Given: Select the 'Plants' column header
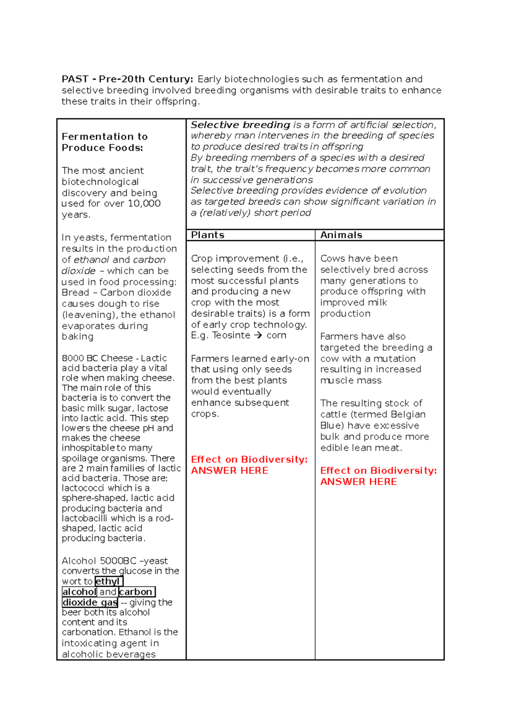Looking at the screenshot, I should pos(207,235).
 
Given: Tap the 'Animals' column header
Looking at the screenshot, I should pos(341,235).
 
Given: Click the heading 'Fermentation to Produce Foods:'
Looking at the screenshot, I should pos(104,142).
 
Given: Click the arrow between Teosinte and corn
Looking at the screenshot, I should pos(258,336).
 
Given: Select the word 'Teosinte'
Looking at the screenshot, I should pos(231,336).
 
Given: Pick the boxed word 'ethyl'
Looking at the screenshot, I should pos(108,582).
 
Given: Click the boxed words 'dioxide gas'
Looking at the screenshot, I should pos(90,602).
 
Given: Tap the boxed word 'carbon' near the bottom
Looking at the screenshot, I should pos(136,592).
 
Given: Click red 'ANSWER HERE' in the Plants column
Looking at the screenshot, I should pos(230,471).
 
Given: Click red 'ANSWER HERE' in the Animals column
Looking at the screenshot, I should pos(359,482).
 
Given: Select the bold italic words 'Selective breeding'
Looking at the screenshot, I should pos(241,125).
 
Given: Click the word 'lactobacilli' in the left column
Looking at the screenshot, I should pos(84,518).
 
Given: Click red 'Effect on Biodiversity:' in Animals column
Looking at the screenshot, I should pos(378,471).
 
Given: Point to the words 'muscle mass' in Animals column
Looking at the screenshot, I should pos(350,381).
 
